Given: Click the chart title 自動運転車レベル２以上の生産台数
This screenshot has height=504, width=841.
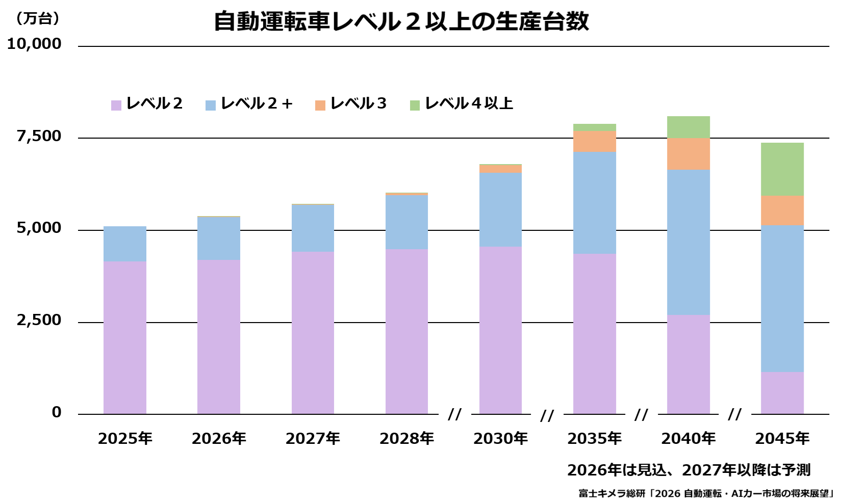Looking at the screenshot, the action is (401, 21).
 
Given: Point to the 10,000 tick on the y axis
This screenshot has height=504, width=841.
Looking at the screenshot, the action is (34, 44).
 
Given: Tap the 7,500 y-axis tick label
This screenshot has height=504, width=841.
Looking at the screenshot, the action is (39, 136).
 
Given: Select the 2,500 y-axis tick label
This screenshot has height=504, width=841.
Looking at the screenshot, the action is (39, 320).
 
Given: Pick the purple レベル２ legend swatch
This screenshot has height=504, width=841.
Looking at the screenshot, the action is (116, 105).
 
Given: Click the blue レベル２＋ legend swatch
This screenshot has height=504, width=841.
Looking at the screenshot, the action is (211, 105).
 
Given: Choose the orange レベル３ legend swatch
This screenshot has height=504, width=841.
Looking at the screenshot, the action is (320, 105).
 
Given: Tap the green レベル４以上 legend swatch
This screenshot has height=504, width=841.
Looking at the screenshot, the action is (415, 105).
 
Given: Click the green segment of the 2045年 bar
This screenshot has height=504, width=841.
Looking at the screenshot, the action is (782, 169).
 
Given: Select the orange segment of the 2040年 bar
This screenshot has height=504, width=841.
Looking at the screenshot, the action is (688, 154).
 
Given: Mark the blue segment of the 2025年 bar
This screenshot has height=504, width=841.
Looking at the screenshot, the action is (124, 244).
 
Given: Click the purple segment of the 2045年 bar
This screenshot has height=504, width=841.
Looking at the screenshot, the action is (782, 393).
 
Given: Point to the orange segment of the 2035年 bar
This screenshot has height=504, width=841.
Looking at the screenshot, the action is (594, 142).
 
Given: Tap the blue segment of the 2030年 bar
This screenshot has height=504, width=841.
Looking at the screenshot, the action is (500, 210).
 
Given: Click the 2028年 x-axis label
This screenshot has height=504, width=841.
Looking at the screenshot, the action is (406, 438).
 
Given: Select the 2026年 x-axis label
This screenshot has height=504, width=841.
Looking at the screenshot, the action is (219, 438).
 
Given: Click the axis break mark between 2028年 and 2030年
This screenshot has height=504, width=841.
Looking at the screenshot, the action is (454, 414).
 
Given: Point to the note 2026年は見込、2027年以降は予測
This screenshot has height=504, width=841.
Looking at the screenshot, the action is (689, 470).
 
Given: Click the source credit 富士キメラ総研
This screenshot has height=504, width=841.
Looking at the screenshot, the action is (611, 493).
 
